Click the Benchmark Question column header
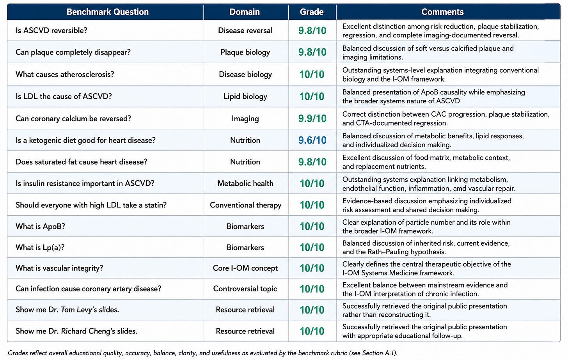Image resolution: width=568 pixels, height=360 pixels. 108,12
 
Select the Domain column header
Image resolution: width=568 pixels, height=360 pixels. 245,12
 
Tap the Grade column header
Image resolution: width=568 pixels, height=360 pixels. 312,12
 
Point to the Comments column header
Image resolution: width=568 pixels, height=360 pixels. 442,12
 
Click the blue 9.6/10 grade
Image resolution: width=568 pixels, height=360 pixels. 312,140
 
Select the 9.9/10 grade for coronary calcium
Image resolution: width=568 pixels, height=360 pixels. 312,119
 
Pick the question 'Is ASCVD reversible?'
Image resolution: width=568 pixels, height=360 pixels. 51,30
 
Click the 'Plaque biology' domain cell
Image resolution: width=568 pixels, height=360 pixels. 245,52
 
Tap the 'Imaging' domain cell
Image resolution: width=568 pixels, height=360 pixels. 245,119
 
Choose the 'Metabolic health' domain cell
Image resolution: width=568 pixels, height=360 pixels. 245,183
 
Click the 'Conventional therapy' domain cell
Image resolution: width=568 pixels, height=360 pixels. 245,205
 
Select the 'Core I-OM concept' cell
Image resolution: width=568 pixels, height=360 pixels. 245,268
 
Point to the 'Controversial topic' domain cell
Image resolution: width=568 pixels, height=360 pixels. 245,289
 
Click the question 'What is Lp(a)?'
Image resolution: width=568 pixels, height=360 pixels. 40,247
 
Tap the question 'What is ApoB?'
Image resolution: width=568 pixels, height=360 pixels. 40,226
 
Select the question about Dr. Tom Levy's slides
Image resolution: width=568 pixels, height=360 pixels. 67,310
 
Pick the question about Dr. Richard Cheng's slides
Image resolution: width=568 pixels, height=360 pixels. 76,331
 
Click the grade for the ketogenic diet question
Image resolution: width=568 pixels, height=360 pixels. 312,140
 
